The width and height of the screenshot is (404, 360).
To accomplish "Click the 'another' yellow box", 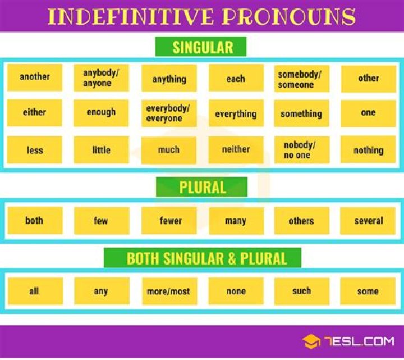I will (x=35, y=78).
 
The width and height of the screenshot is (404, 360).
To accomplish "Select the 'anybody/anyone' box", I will (x=101, y=78).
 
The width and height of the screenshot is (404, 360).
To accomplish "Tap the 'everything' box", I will (x=236, y=114).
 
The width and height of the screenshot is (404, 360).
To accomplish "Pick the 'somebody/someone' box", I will (x=301, y=79).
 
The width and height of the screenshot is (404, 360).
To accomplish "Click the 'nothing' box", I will (x=368, y=150).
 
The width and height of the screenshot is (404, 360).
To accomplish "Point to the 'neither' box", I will (x=236, y=149).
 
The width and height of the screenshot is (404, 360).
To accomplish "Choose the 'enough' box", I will (x=101, y=113).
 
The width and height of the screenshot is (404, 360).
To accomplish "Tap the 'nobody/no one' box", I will (x=301, y=150).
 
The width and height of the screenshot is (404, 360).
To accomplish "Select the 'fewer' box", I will (x=169, y=221).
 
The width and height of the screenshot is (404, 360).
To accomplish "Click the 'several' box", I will (x=368, y=221).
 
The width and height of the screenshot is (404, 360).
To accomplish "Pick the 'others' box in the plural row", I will (x=301, y=221).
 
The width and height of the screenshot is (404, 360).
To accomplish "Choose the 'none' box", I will (x=236, y=291).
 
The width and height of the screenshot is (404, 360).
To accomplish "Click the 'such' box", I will (x=301, y=291).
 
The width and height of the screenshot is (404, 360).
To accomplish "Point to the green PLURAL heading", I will (x=202, y=188).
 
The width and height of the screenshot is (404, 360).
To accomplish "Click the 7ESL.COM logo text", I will (x=356, y=341).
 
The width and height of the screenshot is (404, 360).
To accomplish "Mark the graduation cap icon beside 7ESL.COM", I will (x=311, y=341).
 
